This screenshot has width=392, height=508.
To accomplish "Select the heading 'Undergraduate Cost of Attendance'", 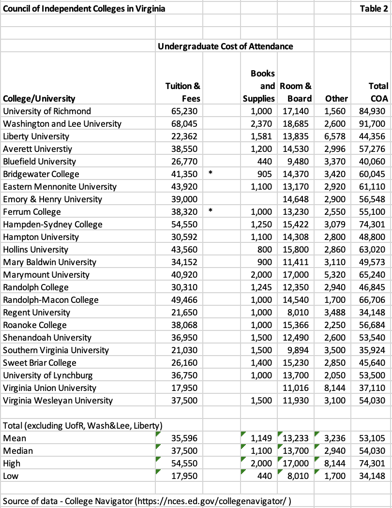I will (x=225, y=46).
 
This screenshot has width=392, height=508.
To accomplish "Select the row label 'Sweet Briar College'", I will (x=40, y=362).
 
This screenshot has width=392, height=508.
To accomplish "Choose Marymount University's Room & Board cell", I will (x=296, y=274).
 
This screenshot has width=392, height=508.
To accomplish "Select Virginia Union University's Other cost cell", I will (x=336, y=388).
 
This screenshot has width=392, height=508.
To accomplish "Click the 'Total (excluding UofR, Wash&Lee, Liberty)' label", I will (x=82, y=426).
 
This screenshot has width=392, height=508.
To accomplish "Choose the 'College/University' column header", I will (x=39, y=99).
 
